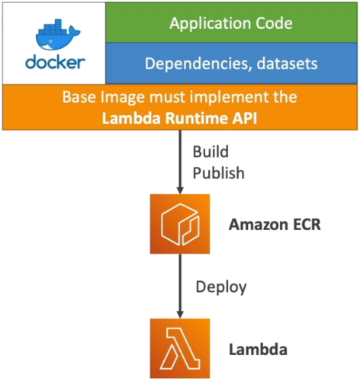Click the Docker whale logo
click(58, 35)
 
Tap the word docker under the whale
click(55, 62)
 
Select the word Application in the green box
click(210, 24)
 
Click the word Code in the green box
click(274, 24)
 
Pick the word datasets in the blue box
click(288, 63)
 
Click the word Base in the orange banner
click(79, 97)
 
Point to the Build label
click(211, 152)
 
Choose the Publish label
click(219, 173)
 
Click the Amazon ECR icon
click(180, 224)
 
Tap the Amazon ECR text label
click(275, 225)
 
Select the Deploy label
click(221, 287)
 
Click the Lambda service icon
click(180, 348)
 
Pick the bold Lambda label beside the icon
click(258, 350)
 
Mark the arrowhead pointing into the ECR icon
click(180, 190)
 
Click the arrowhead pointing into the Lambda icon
click(180, 315)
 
